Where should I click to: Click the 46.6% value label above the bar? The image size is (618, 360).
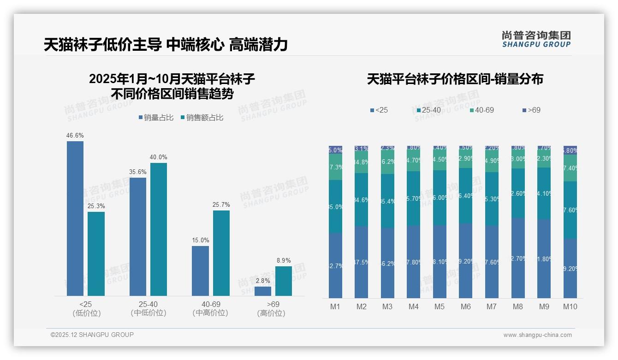tap(75, 135)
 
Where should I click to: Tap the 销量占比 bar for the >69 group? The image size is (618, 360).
tap(263, 291)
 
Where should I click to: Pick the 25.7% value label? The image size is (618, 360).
tap(221, 204)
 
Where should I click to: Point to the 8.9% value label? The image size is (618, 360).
tap(284, 260)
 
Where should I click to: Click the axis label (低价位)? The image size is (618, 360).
tap(87, 313)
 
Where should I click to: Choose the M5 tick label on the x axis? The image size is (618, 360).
tap(440, 306)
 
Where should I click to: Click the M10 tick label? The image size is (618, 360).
tap(570, 306)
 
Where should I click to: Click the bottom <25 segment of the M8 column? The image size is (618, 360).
tap(518, 258)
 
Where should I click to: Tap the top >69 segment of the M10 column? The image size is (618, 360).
tap(570, 150)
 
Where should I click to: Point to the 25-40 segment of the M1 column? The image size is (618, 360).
tap(335, 206)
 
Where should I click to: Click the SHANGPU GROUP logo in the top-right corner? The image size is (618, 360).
tap(536, 39)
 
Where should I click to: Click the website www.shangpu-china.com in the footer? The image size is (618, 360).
tap(537, 335)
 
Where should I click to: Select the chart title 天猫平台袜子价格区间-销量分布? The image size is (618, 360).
tap(455, 79)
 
